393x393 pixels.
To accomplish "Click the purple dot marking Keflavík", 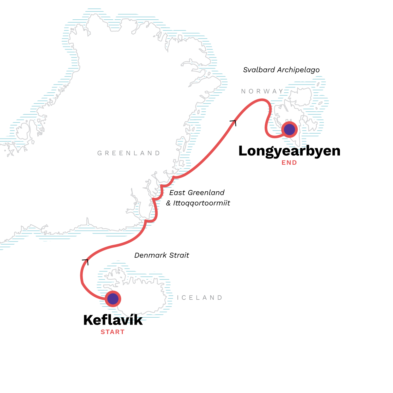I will (113, 299).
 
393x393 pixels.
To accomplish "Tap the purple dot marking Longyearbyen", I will (289, 129).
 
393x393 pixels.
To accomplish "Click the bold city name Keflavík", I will (113, 320).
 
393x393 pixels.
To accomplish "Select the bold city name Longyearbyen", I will (289, 151).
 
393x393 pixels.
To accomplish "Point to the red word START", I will (112, 332).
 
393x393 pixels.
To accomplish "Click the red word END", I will (289, 162).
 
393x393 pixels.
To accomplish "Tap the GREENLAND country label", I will (129, 153).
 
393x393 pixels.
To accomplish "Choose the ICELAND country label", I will (199, 298).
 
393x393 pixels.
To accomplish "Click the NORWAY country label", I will (262, 91).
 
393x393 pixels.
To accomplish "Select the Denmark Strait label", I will (162, 255).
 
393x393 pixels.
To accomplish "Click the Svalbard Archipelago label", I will (281, 70).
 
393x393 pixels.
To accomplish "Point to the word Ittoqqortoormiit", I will (202, 203).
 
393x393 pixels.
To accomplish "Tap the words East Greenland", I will (197, 193).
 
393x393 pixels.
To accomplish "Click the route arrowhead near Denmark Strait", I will (85, 261).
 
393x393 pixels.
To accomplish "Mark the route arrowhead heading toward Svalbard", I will (233, 122).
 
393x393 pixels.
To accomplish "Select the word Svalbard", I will (259, 70).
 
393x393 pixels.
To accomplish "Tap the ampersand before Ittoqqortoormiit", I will (169, 203).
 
